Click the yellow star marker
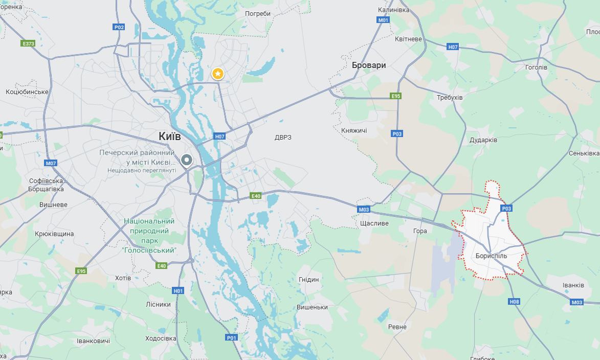point(218,74)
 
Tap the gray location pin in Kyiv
point(187,161)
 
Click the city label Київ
point(169,137)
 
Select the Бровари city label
point(369,65)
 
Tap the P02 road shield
point(119,27)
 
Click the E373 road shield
point(28,43)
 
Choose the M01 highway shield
point(383,20)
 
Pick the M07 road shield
point(50,163)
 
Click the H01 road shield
point(178,290)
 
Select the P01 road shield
point(232,337)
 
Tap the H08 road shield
point(514,302)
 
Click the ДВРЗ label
point(283,137)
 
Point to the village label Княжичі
point(354,130)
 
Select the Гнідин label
point(308,279)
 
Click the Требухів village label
point(450,97)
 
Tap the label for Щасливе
point(374,223)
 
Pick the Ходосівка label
point(161,338)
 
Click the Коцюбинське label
point(27,92)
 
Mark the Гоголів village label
point(536,67)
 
